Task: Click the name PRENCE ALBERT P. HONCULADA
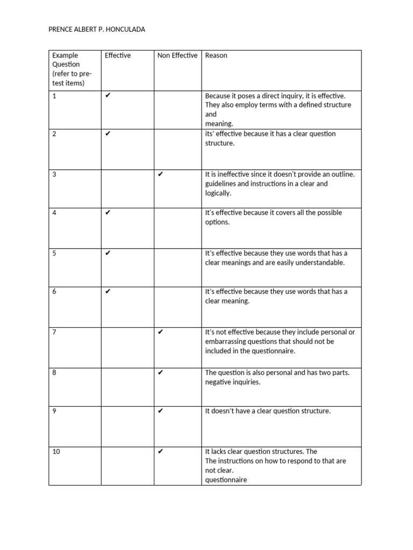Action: click(97, 30)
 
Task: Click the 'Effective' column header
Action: click(118, 55)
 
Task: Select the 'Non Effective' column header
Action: click(177, 55)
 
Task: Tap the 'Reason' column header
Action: click(216, 55)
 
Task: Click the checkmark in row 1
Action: click(108, 96)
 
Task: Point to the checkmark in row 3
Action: click(160, 174)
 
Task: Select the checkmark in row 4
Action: click(108, 213)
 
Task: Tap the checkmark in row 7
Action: click(160, 332)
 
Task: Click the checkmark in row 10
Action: click(160, 452)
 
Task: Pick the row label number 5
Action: click(54, 253)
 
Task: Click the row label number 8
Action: click(54, 372)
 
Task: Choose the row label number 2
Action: click(54, 134)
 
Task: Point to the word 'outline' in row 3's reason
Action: click(343, 174)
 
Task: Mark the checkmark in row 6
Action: click(108, 292)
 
